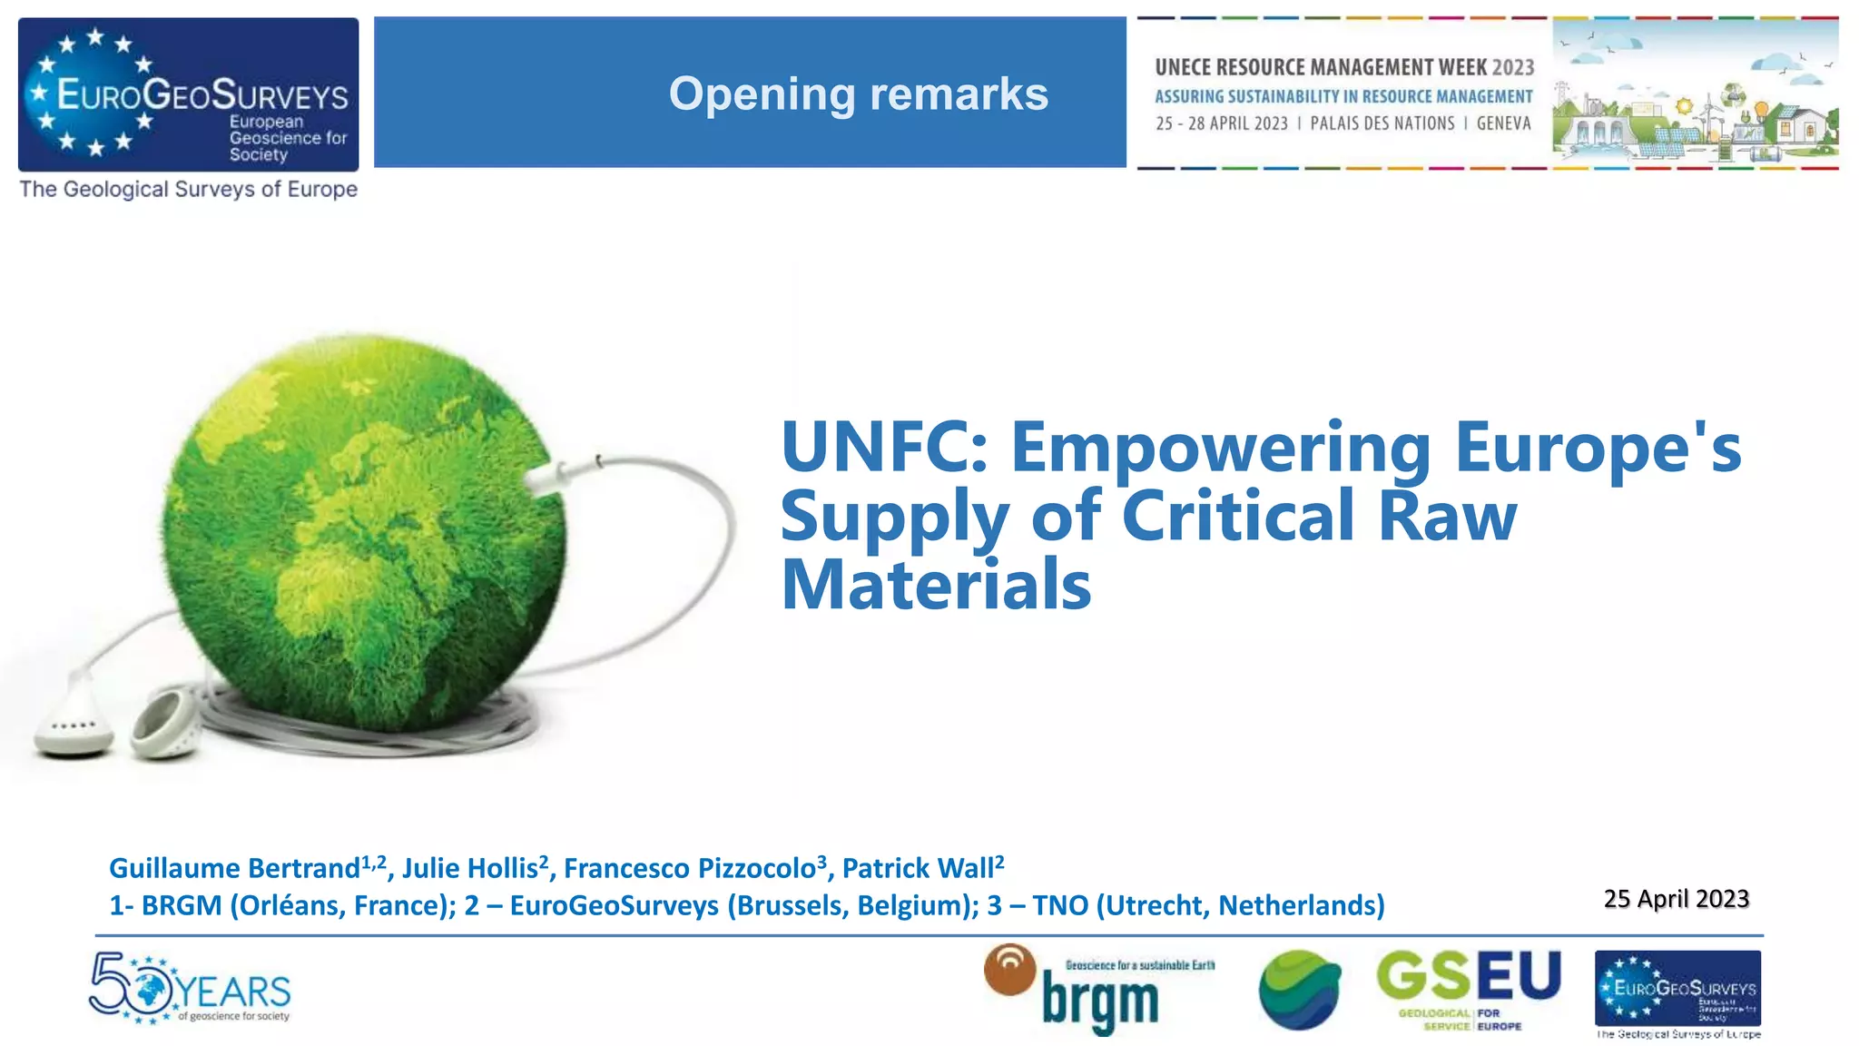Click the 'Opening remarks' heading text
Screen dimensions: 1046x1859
858,94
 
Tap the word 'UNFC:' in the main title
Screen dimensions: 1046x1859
884,447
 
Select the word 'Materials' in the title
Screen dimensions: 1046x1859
936,585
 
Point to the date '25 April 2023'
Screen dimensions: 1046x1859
1676,898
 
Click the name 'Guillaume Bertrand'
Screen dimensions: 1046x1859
234,869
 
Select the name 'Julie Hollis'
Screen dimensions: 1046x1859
470,869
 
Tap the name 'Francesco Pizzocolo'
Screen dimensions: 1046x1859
690,869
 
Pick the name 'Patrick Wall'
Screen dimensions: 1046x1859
918,869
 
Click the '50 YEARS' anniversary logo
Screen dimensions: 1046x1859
190,988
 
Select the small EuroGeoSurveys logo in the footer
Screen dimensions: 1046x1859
1677,989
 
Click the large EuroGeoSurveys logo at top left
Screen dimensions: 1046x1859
188,94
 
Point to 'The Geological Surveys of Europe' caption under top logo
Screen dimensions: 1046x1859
188,190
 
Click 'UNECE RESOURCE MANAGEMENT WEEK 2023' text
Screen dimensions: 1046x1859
1344,67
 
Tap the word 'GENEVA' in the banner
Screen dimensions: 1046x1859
1503,123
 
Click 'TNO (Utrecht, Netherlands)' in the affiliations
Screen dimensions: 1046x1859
1208,905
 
